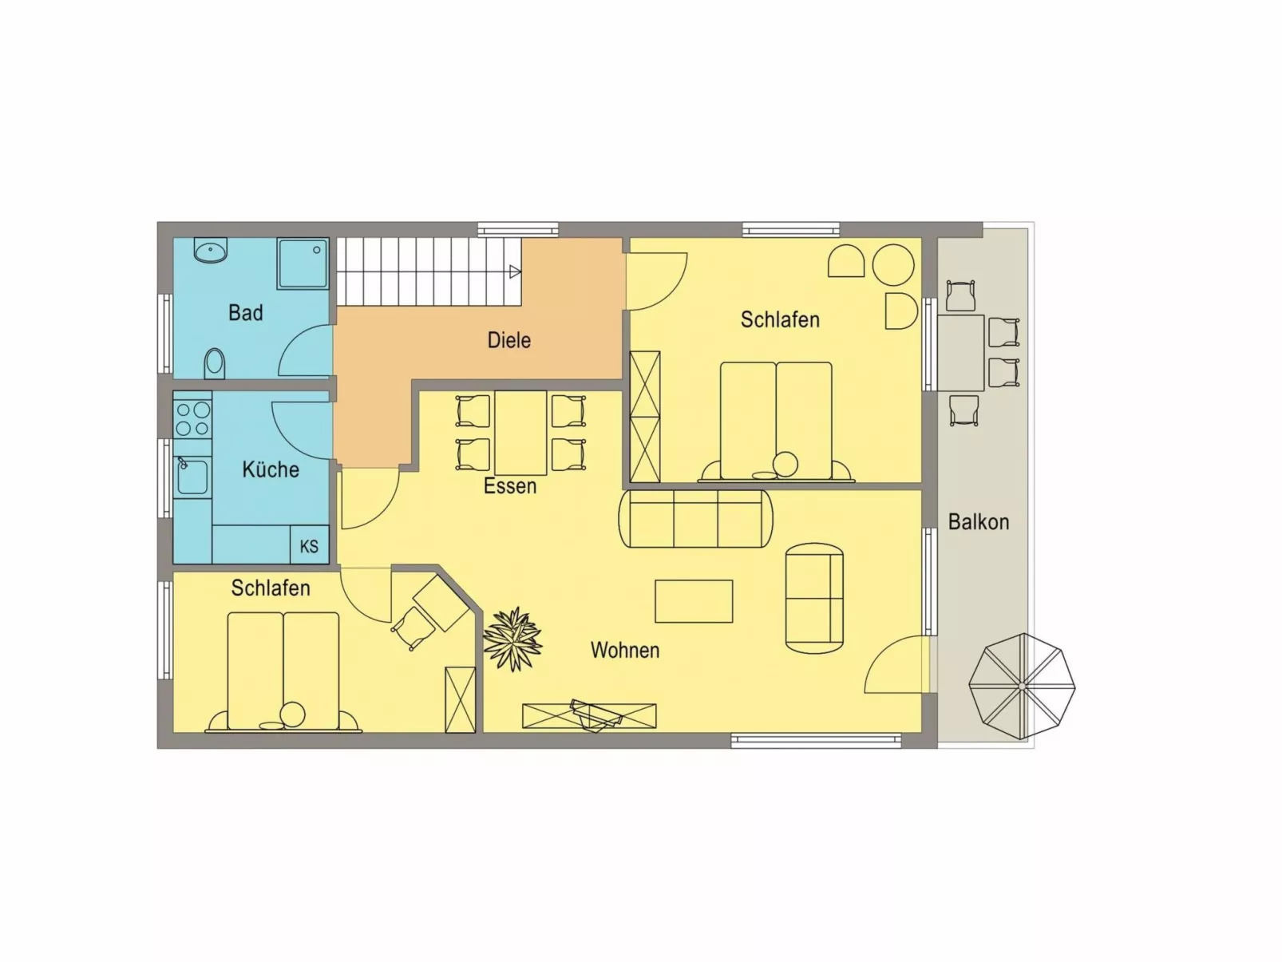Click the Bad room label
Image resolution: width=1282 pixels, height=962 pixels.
[x=245, y=313]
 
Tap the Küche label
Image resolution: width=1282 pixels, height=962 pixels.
[x=271, y=469]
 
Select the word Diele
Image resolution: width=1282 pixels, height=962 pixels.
[x=508, y=340]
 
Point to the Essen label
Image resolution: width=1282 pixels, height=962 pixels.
[x=510, y=486]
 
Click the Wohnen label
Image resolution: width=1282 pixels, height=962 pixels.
[x=625, y=651]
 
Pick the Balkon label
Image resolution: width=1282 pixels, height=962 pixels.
[x=978, y=522]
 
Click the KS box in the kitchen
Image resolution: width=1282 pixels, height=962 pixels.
[x=309, y=546]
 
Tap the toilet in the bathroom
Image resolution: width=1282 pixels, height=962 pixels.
[x=214, y=363]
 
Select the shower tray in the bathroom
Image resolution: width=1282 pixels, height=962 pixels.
[x=303, y=263]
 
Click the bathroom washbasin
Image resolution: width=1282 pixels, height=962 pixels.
[x=211, y=251]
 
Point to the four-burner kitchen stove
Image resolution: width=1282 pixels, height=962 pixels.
[x=192, y=419]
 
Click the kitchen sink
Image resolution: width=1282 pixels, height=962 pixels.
[x=192, y=477]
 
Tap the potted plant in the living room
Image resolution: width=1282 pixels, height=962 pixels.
[x=512, y=639]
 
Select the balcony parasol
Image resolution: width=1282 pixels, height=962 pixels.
[x=1022, y=686]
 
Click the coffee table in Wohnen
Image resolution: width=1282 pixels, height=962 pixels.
[x=694, y=601]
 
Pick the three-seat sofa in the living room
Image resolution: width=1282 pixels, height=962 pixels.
[x=695, y=519]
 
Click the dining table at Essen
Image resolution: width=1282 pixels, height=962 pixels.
[x=520, y=433]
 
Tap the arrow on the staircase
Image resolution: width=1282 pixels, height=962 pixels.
[x=515, y=272]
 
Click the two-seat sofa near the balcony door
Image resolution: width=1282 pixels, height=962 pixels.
[x=814, y=598]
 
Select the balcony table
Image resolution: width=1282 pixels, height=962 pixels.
[x=960, y=353]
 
